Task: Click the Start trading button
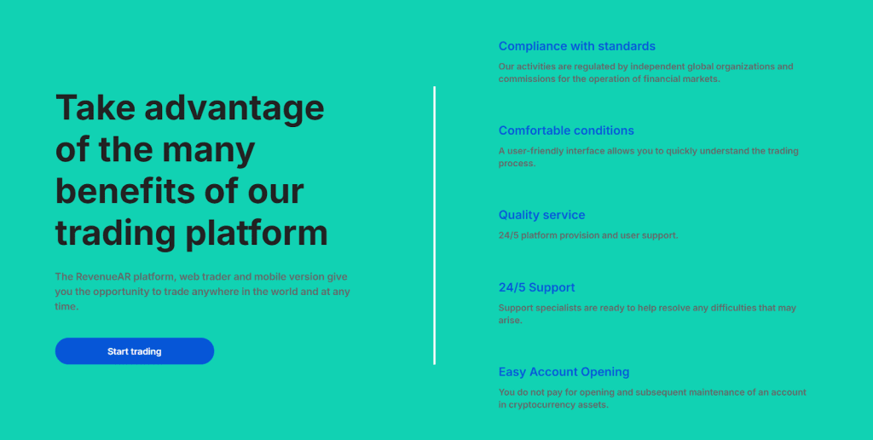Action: (x=134, y=350)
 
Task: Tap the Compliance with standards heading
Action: (x=577, y=46)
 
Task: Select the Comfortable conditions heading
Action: (x=566, y=130)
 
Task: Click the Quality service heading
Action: (x=541, y=215)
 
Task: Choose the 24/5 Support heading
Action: (x=537, y=287)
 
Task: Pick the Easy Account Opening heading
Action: (x=564, y=372)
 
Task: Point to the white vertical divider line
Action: (x=434, y=226)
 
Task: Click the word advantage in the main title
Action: (x=234, y=108)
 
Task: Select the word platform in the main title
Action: (x=257, y=234)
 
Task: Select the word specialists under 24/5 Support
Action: (x=555, y=308)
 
